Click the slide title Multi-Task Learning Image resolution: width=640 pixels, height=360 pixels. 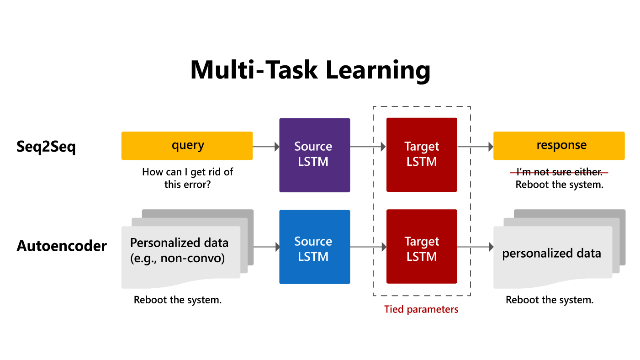coord(310,70)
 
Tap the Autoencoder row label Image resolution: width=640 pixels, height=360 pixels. coord(62,246)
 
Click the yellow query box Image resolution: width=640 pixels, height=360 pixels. coord(187,146)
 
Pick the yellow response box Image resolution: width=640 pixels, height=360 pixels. coord(559,146)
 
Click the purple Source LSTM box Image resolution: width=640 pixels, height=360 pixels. coord(314,154)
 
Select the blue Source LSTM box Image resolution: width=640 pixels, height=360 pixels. coord(314,247)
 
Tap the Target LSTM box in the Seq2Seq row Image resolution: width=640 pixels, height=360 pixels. coord(422,154)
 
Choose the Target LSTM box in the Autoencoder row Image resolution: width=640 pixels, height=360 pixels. coord(422,247)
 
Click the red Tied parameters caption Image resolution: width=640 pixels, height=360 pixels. coord(421,309)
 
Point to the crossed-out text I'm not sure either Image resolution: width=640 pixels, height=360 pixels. coord(559,172)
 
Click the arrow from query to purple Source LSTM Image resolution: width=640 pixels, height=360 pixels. coord(266,147)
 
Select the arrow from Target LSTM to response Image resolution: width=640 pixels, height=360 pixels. coord(475,147)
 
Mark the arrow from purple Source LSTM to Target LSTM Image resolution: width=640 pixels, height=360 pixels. coord(368,147)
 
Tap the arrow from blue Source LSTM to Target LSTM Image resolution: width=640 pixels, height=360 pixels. coord(368,247)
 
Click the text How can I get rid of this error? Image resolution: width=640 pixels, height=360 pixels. coord(187,178)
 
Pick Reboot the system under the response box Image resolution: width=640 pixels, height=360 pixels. coord(559,185)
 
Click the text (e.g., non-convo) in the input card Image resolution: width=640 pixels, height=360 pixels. coord(177,259)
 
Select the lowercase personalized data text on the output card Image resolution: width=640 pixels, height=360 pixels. coord(551,254)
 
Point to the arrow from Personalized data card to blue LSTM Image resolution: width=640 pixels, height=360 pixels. coord(266,247)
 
